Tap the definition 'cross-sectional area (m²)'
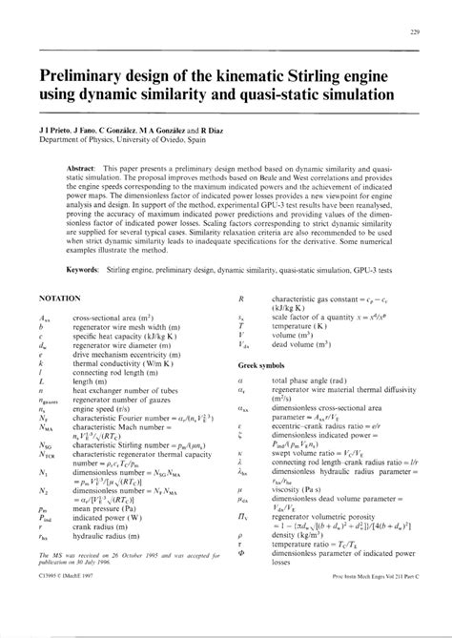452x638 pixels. [x=112, y=317]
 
